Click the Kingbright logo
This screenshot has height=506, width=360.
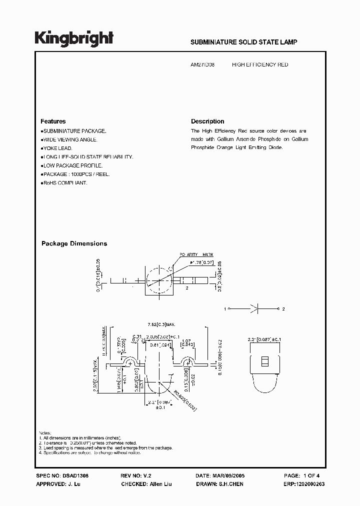tap(73, 38)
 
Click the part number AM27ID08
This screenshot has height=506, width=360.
tap(203, 65)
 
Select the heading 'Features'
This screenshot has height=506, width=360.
tap(53, 121)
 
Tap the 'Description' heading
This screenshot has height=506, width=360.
tap(207, 121)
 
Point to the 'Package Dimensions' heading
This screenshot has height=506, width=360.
tap(74, 243)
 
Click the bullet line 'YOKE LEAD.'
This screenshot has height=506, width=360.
tap(57, 148)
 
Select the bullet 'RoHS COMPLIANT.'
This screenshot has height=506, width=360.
tap(64, 183)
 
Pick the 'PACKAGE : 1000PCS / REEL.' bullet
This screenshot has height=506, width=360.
tap(75, 174)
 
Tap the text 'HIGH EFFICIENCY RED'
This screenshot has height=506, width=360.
tap(260, 65)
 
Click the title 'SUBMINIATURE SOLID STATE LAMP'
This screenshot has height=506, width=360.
tap(244, 42)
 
